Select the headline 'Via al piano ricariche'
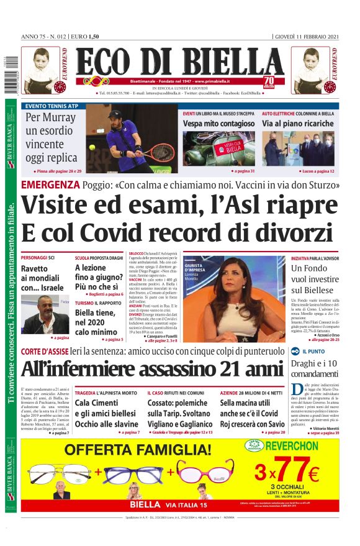tap(297, 124)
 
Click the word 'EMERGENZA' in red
tap(50, 184)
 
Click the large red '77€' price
tap(297, 470)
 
